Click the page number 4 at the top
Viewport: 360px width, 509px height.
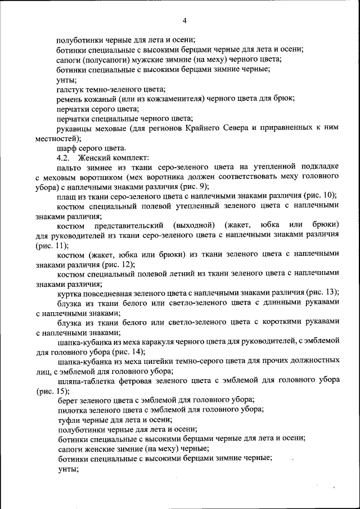(184, 21)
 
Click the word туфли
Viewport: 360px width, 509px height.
(69, 420)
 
